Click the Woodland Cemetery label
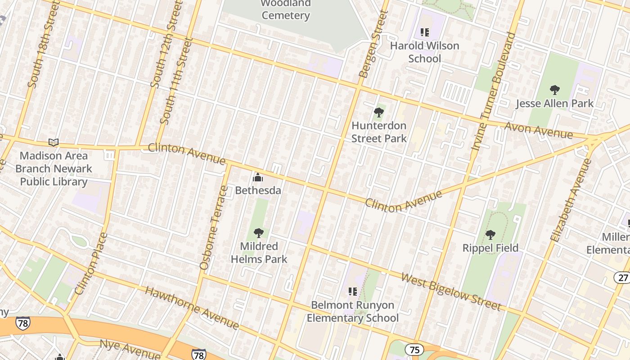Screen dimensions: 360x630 pos(285,9)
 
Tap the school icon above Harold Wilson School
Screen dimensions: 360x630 pos(424,32)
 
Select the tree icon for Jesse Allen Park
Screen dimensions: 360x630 pos(554,90)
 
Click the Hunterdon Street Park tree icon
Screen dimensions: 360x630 pos(379,112)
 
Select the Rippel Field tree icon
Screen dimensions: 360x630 pos(490,234)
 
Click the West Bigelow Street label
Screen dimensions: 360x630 pos(450,291)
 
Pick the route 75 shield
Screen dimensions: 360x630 pos(414,350)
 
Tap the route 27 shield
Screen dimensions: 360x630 pos(622,277)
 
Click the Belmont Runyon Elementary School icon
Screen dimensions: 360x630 pos(352,292)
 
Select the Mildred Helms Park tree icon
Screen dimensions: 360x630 pos(258,233)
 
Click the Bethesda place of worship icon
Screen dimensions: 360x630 pos(257,177)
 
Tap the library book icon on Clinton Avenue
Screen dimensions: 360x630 pos(54,143)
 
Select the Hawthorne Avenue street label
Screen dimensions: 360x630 pos(192,307)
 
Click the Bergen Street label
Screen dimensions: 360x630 pos(373,44)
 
